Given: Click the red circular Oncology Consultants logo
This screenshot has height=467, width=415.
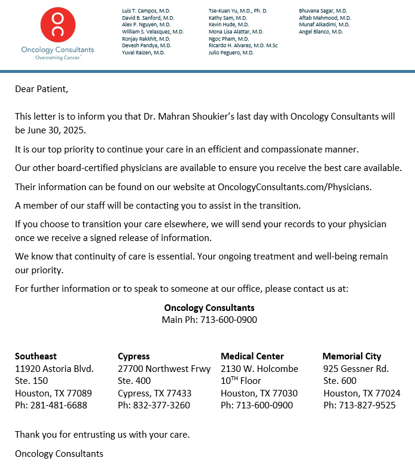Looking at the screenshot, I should pyautogui.click(x=58, y=25).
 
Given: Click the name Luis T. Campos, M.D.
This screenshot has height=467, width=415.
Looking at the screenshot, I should pyautogui.click(x=145, y=11).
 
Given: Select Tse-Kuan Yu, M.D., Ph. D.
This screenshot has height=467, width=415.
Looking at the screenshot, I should pyautogui.click(x=238, y=11).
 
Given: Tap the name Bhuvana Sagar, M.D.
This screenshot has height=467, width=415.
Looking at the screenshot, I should pyautogui.click(x=323, y=11).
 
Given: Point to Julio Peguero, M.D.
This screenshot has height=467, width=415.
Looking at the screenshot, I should pyautogui.click(x=231, y=53).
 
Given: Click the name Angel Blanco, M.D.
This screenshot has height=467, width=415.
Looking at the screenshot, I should pyautogui.click(x=321, y=32).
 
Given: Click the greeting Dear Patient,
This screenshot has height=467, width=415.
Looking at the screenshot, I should pyautogui.click(x=42, y=89).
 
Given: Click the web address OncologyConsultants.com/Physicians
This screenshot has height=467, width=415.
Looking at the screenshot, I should pyautogui.click(x=294, y=187).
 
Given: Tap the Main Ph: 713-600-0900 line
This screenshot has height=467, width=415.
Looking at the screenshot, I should pyautogui.click(x=209, y=320).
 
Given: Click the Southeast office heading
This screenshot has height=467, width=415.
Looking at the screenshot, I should pyautogui.click(x=36, y=356).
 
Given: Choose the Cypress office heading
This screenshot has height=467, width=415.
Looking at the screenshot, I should pyautogui.click(x=134, y=356).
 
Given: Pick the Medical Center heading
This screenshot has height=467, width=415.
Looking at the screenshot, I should pyautogui.click(x=252, y=356).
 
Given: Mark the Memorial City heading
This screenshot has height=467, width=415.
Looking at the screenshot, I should pyautogui.click(x=352, y=356).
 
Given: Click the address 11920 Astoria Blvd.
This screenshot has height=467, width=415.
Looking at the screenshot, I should pyautogui.click(x=54, y=368).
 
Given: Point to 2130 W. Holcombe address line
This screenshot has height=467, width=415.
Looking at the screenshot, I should pyautogui.click(x=260, y=368).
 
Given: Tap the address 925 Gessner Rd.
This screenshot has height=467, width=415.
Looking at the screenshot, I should pyautogui.click(x=356, y=368).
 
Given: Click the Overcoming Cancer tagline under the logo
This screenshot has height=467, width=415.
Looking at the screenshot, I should pyautogui.click(x=57, y=58).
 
